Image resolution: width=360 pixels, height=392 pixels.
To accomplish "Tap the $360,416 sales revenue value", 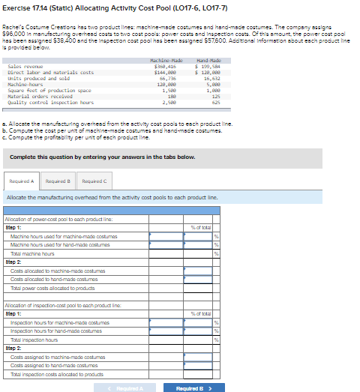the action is pos(175,66).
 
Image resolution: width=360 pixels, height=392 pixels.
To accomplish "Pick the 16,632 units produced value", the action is pos(210,78).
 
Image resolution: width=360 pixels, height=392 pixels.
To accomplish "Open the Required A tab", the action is pos(22,181).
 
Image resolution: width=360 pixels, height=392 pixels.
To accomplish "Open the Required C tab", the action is pos(94,181).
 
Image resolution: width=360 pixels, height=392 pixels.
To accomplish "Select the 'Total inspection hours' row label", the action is pos(37,340).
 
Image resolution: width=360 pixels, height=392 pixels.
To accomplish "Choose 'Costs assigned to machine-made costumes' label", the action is pos(53,357).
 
